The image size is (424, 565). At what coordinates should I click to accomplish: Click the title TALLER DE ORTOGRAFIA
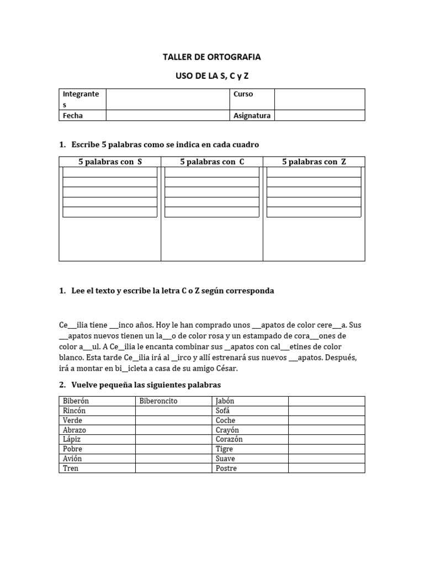click(211, 57)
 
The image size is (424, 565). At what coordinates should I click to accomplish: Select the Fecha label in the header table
click(73, 115)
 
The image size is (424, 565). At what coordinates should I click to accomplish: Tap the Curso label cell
click(243, 94)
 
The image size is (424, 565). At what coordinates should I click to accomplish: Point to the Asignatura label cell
click(252, 115)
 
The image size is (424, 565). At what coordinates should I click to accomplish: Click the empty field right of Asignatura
click(319, 115)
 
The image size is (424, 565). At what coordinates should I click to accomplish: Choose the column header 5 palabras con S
click(110, 162)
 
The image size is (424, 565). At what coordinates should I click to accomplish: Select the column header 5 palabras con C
click(212, 162)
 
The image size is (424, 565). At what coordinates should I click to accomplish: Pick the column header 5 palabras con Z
click(314, 162)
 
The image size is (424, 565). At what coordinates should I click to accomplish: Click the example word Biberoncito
click(158, 401)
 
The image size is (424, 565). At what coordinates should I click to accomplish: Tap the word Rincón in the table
click(75, 411)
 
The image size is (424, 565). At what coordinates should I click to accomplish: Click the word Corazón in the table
click(229, 439)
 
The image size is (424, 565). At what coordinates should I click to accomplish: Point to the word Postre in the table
click(226, 468)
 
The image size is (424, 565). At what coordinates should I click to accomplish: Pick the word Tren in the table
click(71, 468)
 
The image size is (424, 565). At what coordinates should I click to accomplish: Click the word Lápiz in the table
click(73, 439)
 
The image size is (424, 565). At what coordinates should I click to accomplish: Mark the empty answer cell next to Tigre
click(326, 449)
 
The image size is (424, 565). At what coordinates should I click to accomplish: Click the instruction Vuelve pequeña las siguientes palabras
click(146, 385)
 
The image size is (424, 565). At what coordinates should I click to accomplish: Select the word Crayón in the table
click(227, 430)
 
